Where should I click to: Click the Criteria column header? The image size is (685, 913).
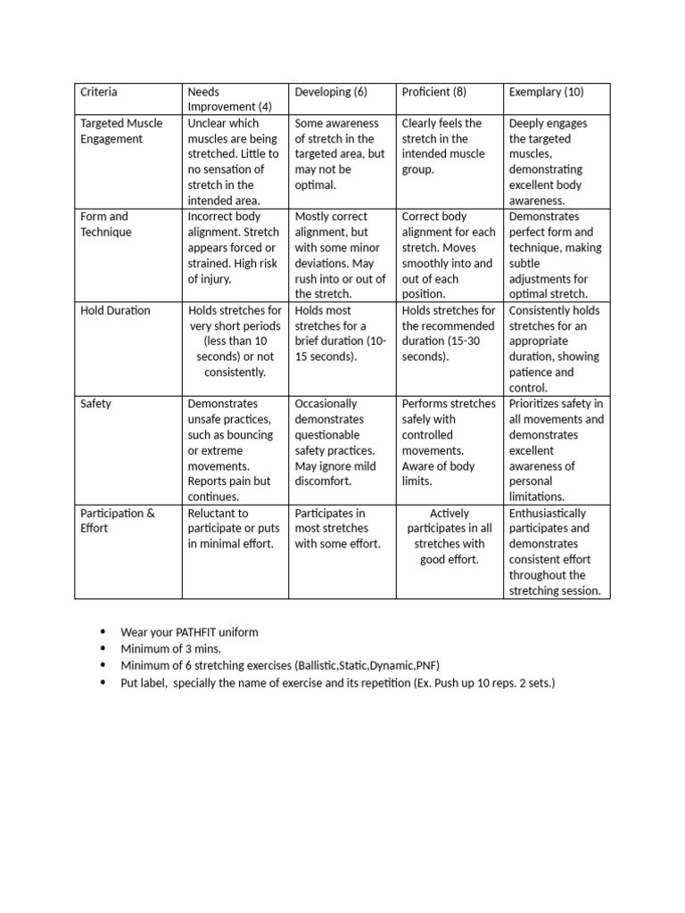[99, 92]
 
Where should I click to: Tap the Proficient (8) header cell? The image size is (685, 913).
[434, 92]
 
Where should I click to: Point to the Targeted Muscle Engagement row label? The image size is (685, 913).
[121, 131]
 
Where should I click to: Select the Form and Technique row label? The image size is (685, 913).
[106, 224]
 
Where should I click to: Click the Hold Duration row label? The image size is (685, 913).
[115, 310]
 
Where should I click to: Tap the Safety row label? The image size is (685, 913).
[95, 403]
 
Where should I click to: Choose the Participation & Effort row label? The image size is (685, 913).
[118, 521]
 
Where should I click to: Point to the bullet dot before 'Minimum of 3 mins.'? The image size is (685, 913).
[104, 648]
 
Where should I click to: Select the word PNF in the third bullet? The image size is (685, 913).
[426, 665]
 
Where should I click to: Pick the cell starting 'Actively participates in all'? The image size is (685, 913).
[449, 537]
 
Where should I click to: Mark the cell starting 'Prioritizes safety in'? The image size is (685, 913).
[556, 449]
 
